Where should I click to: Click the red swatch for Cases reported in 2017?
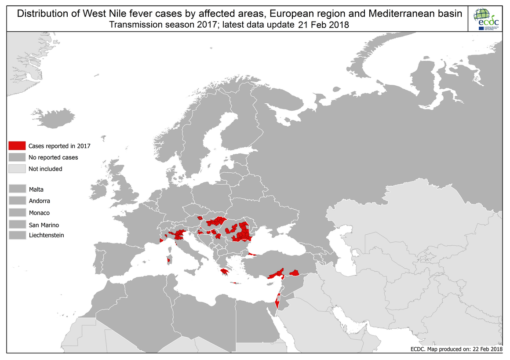[17, 146]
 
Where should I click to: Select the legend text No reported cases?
[53, 157]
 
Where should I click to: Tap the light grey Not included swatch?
[17, 169]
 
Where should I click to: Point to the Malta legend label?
[36, 189]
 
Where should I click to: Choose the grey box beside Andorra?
[17, 201]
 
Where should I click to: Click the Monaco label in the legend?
[39, 213]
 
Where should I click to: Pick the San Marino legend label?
[44, 225]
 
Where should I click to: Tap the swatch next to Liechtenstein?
[17, 236]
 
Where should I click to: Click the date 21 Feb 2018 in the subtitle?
[323, 25]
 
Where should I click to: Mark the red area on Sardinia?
[168, 260]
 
